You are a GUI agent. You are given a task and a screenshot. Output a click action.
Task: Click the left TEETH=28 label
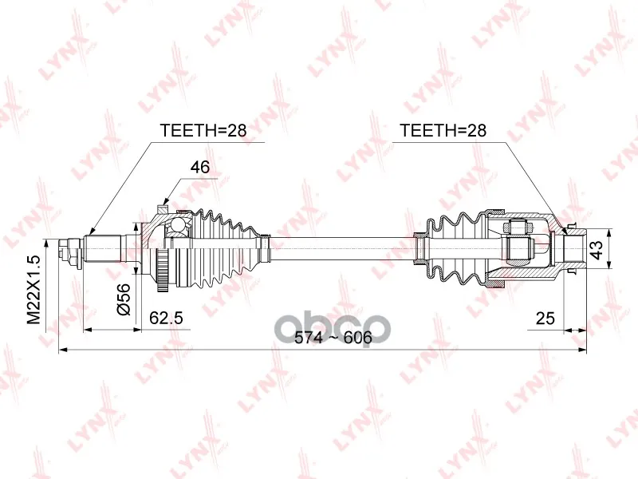pyautogui.click(x=203, y=130)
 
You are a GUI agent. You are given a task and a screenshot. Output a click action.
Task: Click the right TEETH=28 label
pyautogui.click(x=443, y=130)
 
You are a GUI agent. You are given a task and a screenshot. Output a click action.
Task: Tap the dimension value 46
pyautogui.click(x=200, y=167)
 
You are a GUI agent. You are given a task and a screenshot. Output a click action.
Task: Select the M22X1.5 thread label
pyautogui.click(x=33, y=290)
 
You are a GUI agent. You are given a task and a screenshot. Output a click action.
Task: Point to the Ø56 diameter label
pyautogui.click(x=124, y=299)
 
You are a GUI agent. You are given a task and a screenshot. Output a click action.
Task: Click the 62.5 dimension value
pyautogui.click(x=166, y=318)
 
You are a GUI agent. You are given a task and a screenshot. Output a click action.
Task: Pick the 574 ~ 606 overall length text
pyautogui.click(x=333, y=337)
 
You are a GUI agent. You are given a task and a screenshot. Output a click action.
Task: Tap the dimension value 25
pyautogui.click(x=545, y=318)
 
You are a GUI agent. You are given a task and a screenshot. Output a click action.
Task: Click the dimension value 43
pyautogui.click(x=597, y=250)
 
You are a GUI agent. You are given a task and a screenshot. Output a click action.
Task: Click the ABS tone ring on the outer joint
pyautogui.click(x=163, y=270)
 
